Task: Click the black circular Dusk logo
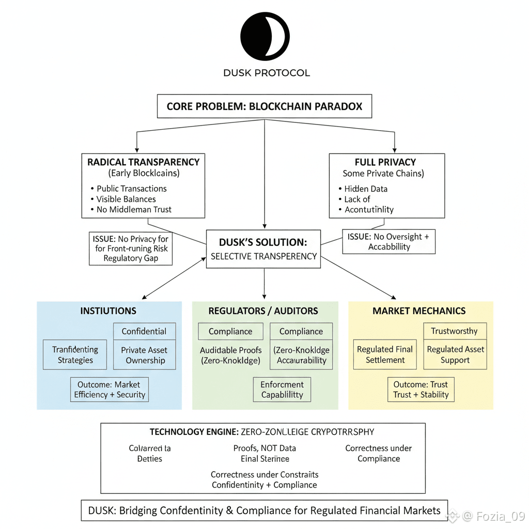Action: click(264, 37)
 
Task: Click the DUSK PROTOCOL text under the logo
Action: click(267, 73)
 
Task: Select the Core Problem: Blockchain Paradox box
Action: click(264, 107)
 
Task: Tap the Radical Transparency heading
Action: click(143, 162)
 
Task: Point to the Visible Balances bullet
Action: click(126, 199)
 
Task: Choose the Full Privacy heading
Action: click(385, 162)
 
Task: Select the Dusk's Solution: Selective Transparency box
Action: click(263, 249)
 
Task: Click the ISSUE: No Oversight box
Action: click(388, 242)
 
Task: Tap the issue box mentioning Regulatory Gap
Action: click(131, 248)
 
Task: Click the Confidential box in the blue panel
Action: click(144, 331)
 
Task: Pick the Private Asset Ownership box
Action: click(145, 355)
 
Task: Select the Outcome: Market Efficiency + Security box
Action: click(110, 390)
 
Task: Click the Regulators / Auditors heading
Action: click(263, 311)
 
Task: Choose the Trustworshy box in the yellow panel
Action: click(454, 331)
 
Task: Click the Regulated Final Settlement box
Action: click(385, 354)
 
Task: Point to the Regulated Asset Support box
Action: click(455, 354)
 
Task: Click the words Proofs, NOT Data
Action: click(264, 448)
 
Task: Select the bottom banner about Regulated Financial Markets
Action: click(264, 510)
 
